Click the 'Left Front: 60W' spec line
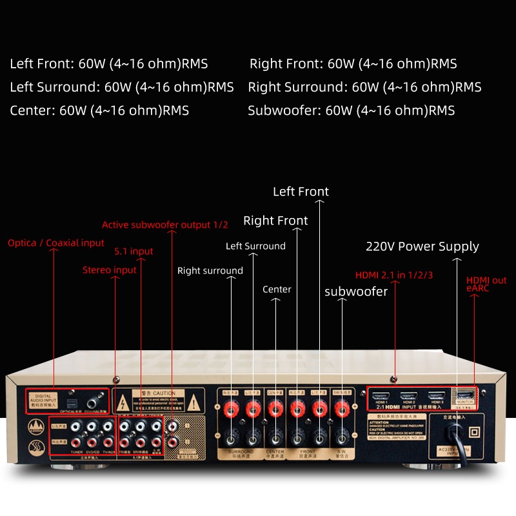tap(109, 64)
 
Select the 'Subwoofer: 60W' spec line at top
tap(351, 110)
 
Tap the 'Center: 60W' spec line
tap(99, 110)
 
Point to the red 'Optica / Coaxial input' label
tap(55, 243)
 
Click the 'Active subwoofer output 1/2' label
tap(164, 225)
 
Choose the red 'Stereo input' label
tap(110, 270)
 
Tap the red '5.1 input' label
tap(134, 252)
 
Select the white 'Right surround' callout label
tap(210, 271)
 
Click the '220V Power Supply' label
tap(422, 246)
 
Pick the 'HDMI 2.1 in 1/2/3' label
tap(394, 275)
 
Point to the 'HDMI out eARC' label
tap(486, 284)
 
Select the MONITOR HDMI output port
tap(465, 395)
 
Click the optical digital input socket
tap(77, 393)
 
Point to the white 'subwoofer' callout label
tap(356, 292)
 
